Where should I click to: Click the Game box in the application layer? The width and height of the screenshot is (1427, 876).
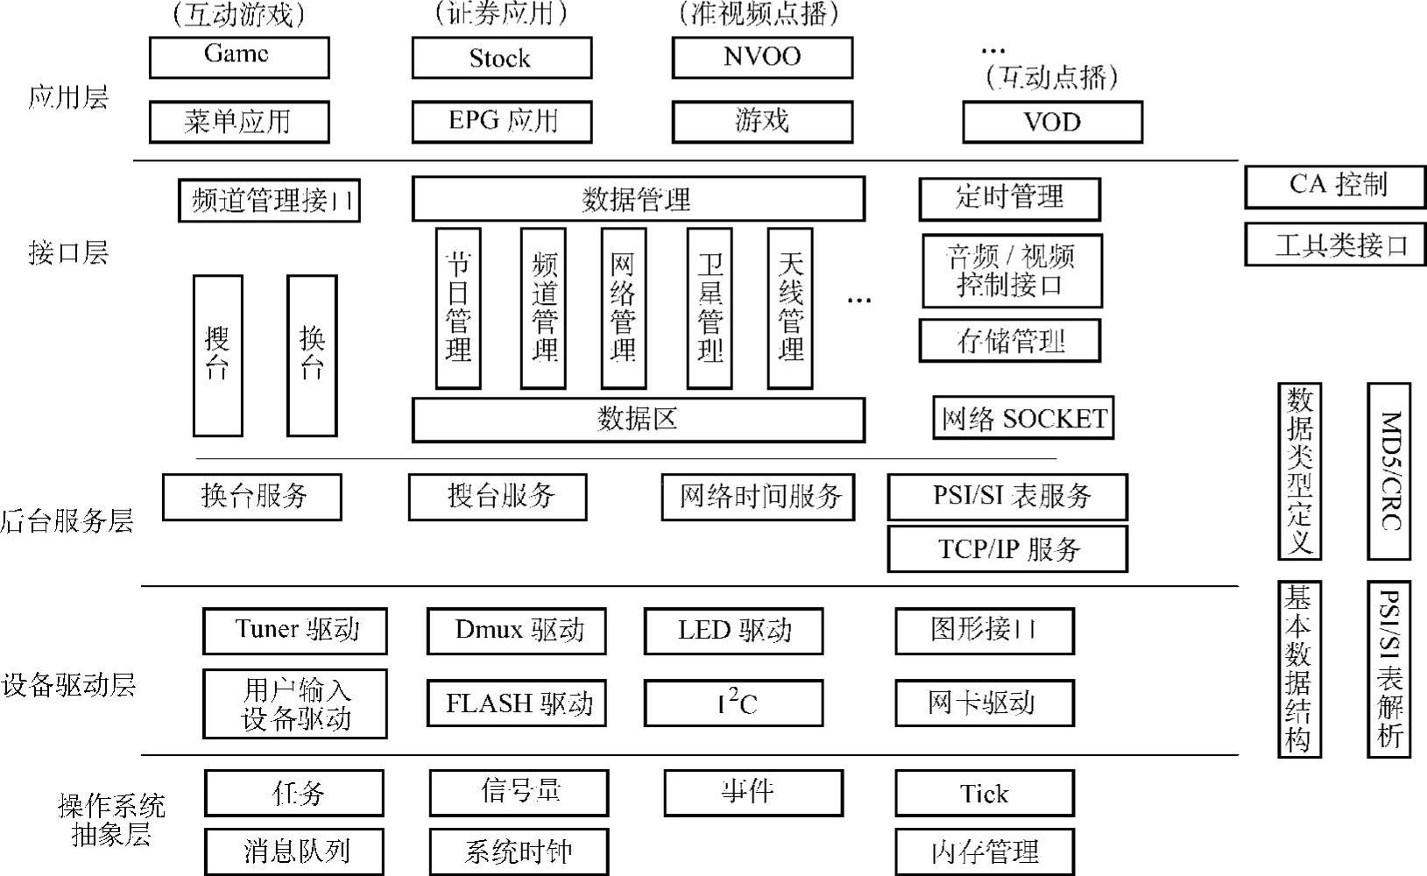point(239,57)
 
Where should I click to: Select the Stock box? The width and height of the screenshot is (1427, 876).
point(501,58)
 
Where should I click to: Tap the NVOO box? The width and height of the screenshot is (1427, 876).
point(762,57)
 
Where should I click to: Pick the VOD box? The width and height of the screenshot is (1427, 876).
point(1052,122)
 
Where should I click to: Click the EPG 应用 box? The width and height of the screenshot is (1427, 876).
point(501,122)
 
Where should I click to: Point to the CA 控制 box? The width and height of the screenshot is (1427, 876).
point(1338,187)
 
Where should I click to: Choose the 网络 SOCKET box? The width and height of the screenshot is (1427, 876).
point(1023,418)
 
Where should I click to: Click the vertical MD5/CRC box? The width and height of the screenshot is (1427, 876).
point(1388,470)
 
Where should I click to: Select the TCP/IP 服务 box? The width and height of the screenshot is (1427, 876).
point(1007,549)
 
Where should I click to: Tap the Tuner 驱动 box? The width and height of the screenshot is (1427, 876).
point(295,631)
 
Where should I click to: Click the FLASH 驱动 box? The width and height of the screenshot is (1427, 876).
point(517,703)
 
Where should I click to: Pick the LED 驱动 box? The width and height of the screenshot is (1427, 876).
point(733,631)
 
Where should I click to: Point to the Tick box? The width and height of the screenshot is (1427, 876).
point(985,793)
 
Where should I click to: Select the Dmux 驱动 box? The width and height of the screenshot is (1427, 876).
point(517,631)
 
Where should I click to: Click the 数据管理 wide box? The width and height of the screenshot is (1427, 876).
point(638,200)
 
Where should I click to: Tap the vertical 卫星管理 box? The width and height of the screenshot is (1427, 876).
point(709,308)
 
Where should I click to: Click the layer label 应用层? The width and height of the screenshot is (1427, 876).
point(68,96)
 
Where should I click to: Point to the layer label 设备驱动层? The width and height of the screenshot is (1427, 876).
point(68,684)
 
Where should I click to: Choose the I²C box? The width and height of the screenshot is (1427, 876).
point(733,703)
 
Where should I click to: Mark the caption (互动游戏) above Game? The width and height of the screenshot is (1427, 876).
point(239,15)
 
